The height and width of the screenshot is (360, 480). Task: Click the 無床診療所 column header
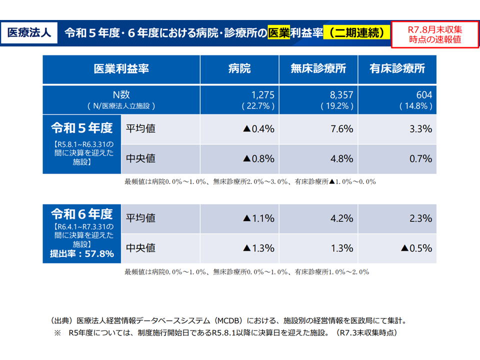pos(318,69)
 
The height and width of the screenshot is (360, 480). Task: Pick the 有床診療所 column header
pos(397,69)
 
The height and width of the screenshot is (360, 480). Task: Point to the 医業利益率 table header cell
pos(121,69)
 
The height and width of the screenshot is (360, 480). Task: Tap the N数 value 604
pos(423,95)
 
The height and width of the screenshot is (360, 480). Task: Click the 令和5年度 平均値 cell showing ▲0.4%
pos(258,129)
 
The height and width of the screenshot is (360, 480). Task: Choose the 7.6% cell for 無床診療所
pos(342,129)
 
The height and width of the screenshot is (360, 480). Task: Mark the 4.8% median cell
pos(342,158)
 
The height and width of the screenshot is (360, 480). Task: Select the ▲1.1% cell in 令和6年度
pos(258,218)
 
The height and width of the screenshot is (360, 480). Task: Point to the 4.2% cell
pos(342,218)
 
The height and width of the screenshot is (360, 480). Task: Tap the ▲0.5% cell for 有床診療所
pos(416,248)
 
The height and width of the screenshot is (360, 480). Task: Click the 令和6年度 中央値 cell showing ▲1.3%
pos(258,248)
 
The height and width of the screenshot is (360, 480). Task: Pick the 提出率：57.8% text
pos(82,254)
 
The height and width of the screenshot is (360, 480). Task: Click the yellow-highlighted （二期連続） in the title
pos(356,33)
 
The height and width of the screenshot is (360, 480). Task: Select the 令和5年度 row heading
pos(81,129)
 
